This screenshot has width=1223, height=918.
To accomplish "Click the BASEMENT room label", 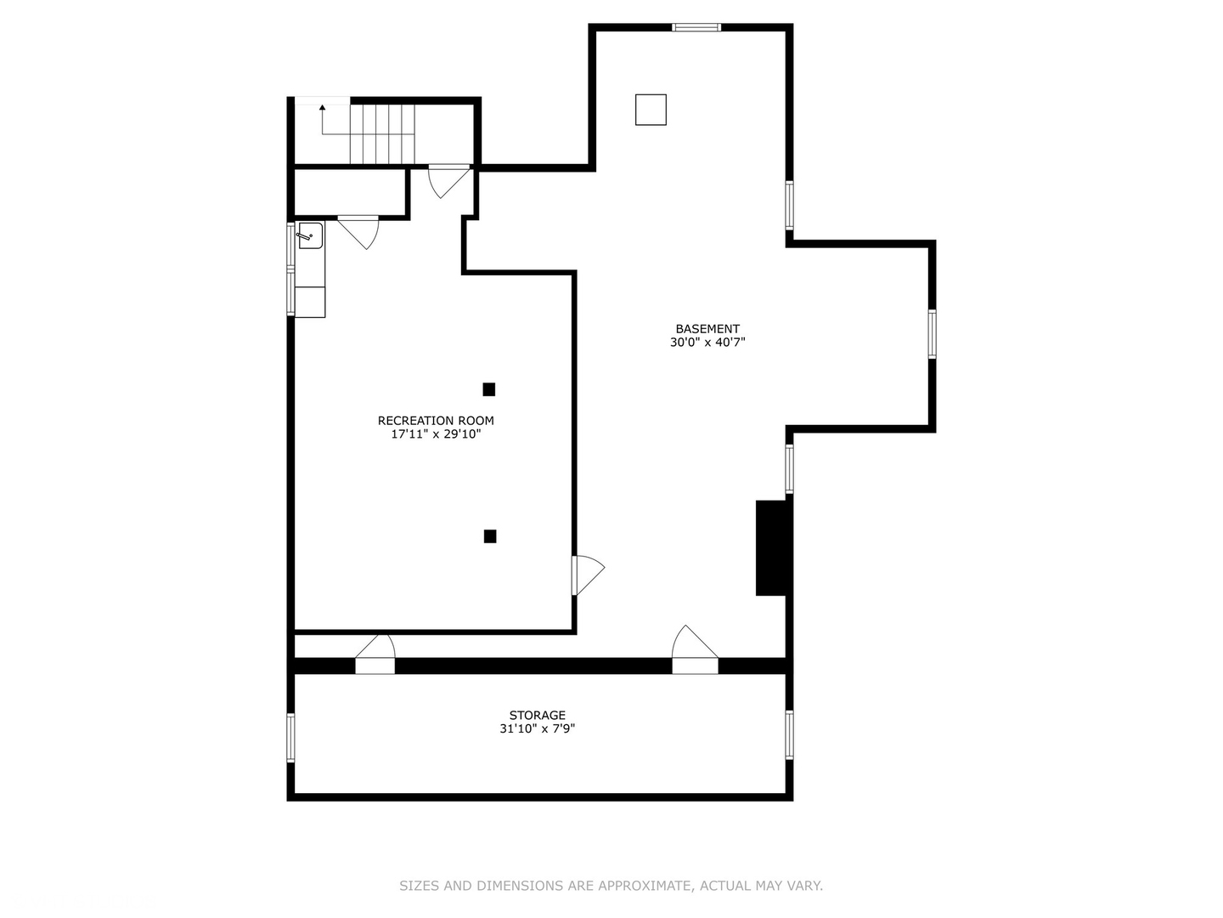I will [x=707, y=329].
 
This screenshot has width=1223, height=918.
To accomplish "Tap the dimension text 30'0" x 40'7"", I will [x=707, y=343].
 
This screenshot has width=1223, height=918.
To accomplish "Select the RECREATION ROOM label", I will [x=436, y=421].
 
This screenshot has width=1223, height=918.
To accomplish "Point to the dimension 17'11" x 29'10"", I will [x=436, y=434].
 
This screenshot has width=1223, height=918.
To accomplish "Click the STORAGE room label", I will [x=537, y=716].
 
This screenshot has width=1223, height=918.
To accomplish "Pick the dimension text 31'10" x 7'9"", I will [x=537, y=729].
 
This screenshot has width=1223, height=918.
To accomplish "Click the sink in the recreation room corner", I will [x=310, y=235].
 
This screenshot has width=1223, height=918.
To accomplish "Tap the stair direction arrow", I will [x=322, y=108].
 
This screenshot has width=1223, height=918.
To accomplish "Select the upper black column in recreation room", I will [x=489, y=389].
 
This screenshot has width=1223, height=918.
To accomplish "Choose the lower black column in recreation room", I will [x=490, y=536].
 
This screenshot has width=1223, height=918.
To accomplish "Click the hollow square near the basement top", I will [x=651, y=110].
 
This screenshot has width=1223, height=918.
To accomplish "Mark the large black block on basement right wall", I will [x=771, y=548].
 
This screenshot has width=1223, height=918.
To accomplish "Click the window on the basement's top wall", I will [x=696, y=27].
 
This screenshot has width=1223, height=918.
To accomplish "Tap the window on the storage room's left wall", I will [x=290, y=737].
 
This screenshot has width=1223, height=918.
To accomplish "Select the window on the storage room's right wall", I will [x=789, y=734].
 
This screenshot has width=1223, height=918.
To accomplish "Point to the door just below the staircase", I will [x=448, y=180].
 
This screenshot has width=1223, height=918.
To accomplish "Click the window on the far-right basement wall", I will [x=932, y=334].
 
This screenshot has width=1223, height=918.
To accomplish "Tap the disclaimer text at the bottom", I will [x=611, y=886].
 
